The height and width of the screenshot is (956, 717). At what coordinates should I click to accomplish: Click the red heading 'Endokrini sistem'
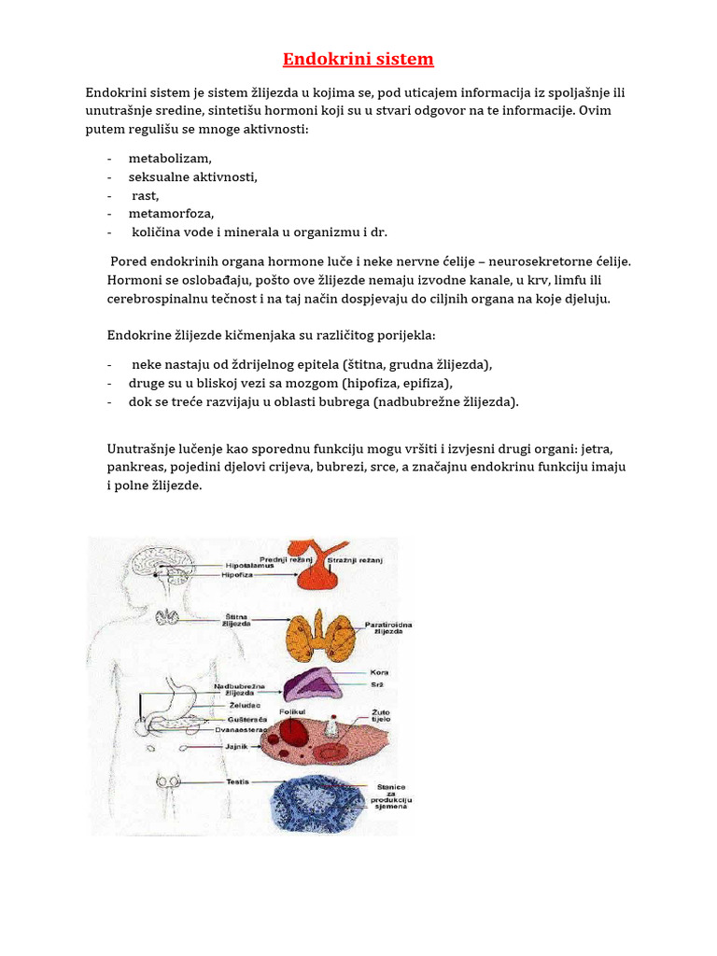click(x=358, y=60)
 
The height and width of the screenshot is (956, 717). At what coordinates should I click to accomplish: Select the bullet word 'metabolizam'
click(x=170, y=159)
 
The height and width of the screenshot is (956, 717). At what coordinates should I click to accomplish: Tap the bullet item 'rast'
click(x=145, y=195)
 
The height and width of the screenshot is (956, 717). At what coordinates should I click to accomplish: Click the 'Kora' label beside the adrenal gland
click(x=379, y=672)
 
